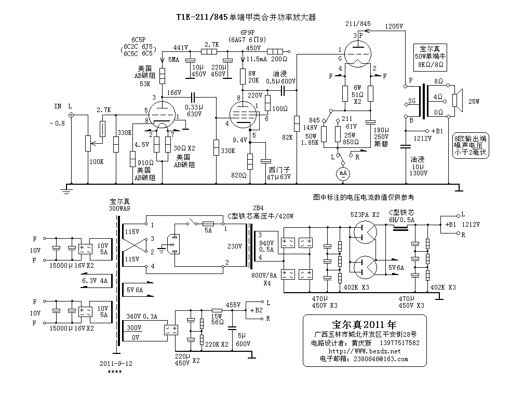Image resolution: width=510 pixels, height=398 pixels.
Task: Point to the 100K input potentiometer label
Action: tap(97, 162)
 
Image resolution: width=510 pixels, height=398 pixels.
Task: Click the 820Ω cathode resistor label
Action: tap(239, 175)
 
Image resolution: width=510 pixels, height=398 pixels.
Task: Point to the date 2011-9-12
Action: tap(116, 364)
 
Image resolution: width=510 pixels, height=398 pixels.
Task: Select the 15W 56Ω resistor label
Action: tap(217, 319)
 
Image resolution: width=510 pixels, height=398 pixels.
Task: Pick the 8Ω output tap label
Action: tap(438, 82)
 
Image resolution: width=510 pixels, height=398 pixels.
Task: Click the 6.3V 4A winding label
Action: tap(95, 281)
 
